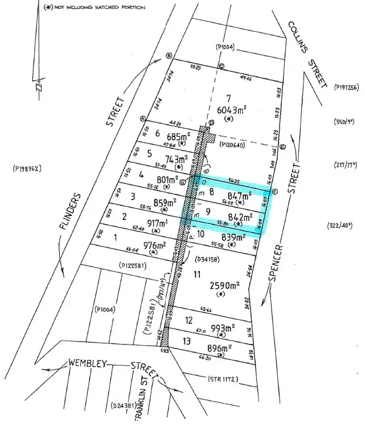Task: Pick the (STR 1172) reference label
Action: [x=223, y=379]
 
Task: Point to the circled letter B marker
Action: [x=169, y=55]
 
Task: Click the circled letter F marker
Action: [x=274, y=192]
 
